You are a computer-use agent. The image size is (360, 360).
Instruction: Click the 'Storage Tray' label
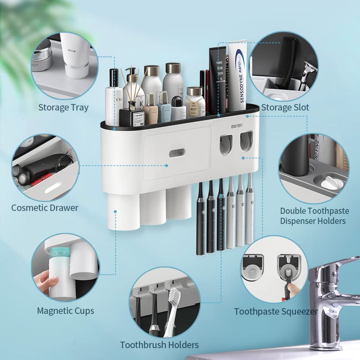point(63,107)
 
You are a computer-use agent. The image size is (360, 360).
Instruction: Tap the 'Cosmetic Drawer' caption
point(45,208)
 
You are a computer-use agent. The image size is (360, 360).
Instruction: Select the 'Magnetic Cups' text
point(66,311)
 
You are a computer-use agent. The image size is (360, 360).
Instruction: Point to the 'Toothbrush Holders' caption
point(159,345)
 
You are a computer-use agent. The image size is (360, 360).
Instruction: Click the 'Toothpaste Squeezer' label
point(276,311)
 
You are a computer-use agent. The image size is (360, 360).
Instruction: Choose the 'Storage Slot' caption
point(285,107)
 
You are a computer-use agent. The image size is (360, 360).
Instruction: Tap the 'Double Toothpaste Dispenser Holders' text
point(313,216)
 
